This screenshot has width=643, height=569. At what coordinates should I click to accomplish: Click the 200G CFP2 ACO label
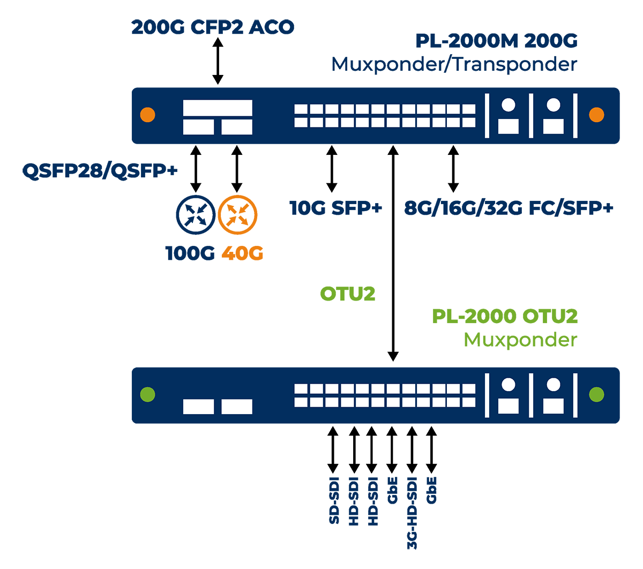(213, 27)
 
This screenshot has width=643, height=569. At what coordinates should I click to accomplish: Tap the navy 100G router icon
(196, 215)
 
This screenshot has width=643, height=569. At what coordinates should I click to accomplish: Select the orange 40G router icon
(237, 215)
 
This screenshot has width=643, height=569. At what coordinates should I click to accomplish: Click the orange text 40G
(242, 253)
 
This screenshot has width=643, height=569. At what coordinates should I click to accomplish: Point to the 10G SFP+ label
(335, 208)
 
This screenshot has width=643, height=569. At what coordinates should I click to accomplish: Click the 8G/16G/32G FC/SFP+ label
(509, 208)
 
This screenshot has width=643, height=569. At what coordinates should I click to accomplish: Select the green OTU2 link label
(347, 294)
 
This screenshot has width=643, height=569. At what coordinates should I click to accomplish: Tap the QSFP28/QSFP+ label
(100, 171)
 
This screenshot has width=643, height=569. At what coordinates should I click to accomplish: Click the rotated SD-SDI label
(334, 500)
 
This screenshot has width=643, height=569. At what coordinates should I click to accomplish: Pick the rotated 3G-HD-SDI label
(412, 513)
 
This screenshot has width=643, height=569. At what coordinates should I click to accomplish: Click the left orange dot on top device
(147, 115)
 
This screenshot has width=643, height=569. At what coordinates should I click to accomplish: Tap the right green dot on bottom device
(596, 395)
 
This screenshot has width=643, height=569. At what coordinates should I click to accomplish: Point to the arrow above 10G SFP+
(332, 169)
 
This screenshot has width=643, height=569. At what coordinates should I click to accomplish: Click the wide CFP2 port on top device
(218, 108)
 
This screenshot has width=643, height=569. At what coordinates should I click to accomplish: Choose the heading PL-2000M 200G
(496, 41)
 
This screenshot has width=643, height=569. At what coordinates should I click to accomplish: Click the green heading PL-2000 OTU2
(505, 316)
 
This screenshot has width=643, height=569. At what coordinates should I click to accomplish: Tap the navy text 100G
(190, 253)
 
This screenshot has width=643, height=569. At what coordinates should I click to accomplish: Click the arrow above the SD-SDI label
(333, 449)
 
